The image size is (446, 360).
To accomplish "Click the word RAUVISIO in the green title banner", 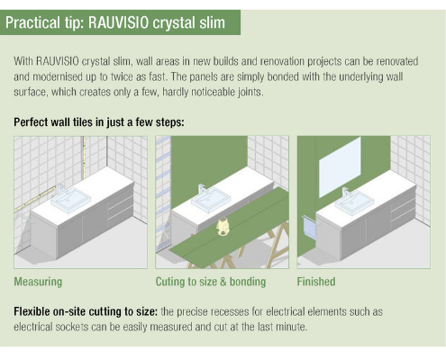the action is tap(118, 22).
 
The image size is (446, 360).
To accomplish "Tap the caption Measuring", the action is tap(38, 282).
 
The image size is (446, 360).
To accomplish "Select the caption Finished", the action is tap(316, 282).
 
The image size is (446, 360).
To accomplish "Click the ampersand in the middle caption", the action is tap(223, 282).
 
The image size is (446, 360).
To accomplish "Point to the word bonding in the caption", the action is tap(248, 282).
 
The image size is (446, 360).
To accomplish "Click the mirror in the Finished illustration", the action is tap(340, 167).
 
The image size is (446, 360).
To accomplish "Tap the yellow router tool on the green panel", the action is tap(222, 228).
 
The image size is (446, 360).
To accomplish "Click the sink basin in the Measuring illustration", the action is tap(70, 200).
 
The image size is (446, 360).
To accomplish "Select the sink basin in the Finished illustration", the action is tap(354, 202).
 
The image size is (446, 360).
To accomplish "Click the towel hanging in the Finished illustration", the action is tap(309, 229).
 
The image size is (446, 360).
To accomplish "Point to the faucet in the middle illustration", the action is tap(202, 190).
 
